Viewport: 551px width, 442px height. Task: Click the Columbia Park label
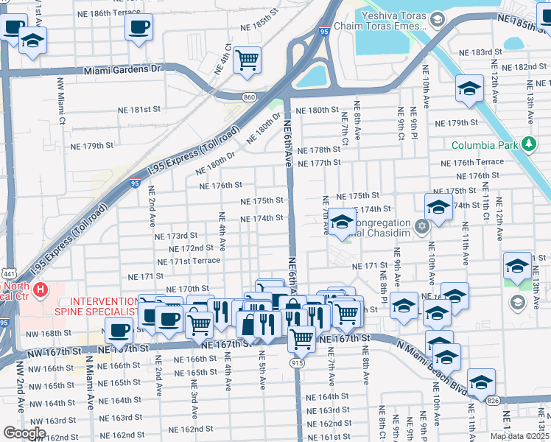484,146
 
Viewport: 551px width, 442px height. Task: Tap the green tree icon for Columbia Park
527,144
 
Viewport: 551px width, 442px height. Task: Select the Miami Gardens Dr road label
122,70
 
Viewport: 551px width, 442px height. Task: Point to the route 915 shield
298,363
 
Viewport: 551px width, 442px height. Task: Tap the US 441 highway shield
5,273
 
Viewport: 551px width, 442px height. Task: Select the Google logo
24,432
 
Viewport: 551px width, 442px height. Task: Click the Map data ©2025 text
519,436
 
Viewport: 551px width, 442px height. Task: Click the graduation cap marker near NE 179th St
468,90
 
